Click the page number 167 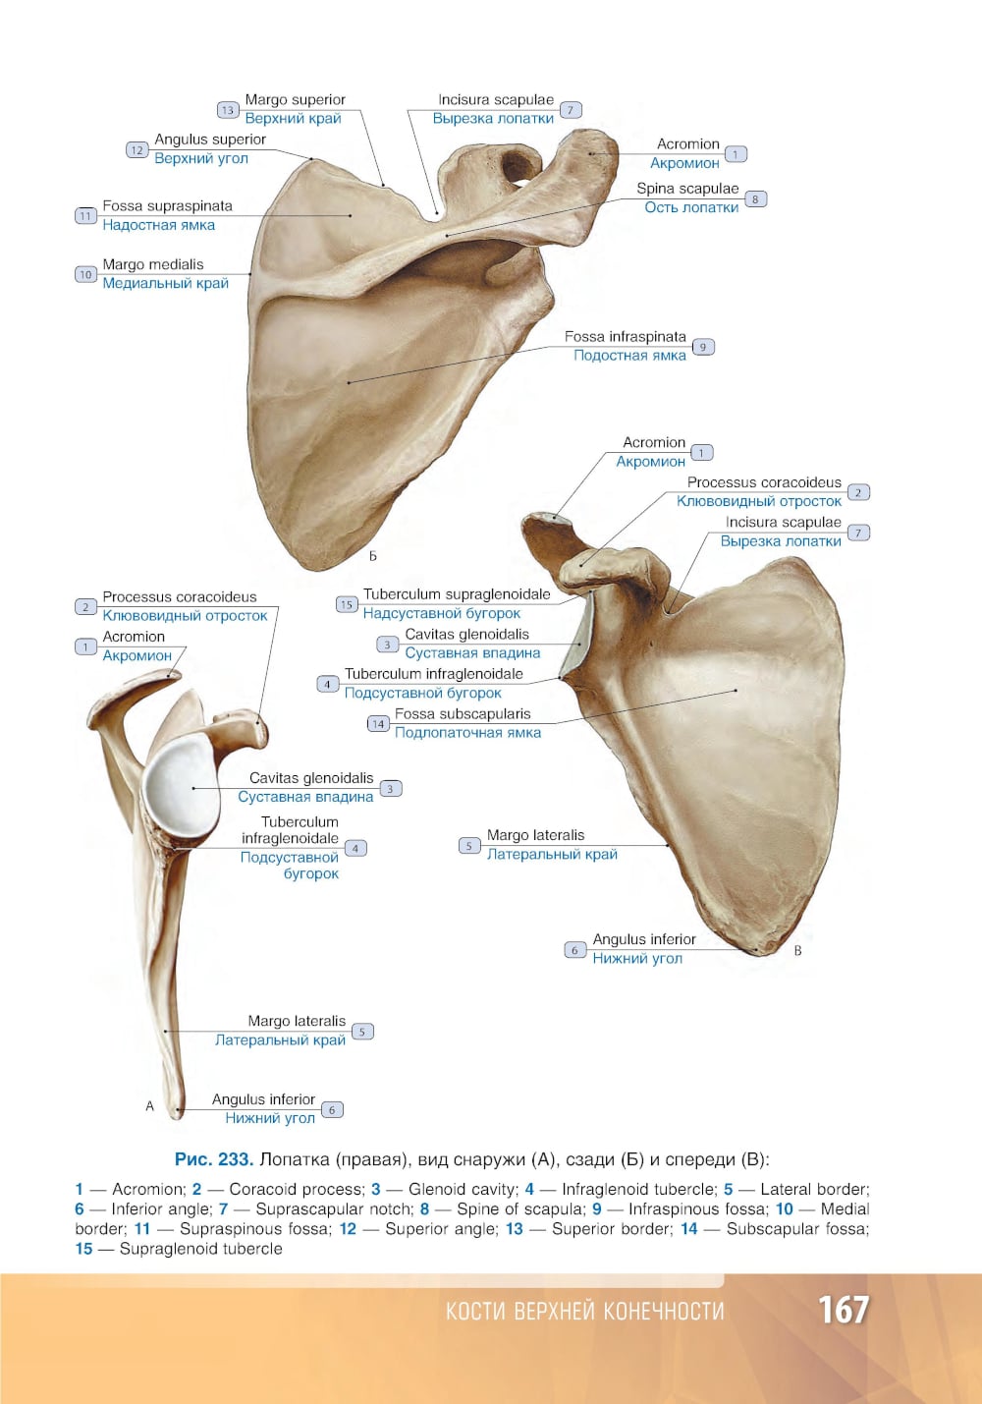click(843, 1310)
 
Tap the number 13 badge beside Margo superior click(228, 110)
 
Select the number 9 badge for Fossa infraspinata click(703, 347)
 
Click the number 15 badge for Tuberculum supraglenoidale click(347, 604)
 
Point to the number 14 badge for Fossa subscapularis click(378, 724)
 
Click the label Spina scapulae click(687, 189)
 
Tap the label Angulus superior click(210, 140)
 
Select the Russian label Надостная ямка click(158, 225)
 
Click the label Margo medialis click(153, 264)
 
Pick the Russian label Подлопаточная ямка click(467, 733)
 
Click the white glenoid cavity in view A click(181, 786)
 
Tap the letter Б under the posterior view click(373, 556)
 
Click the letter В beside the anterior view click(797, 950)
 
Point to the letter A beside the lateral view click(149, 1105)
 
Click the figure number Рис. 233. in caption click(214, 1159)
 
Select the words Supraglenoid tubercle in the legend click(201, 1249)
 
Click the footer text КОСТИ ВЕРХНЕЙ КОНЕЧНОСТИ click(585, 1312)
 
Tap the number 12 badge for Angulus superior click(137, 150)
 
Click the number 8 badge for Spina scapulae click(756, 199)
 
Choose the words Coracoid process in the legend click(297, 1189)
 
